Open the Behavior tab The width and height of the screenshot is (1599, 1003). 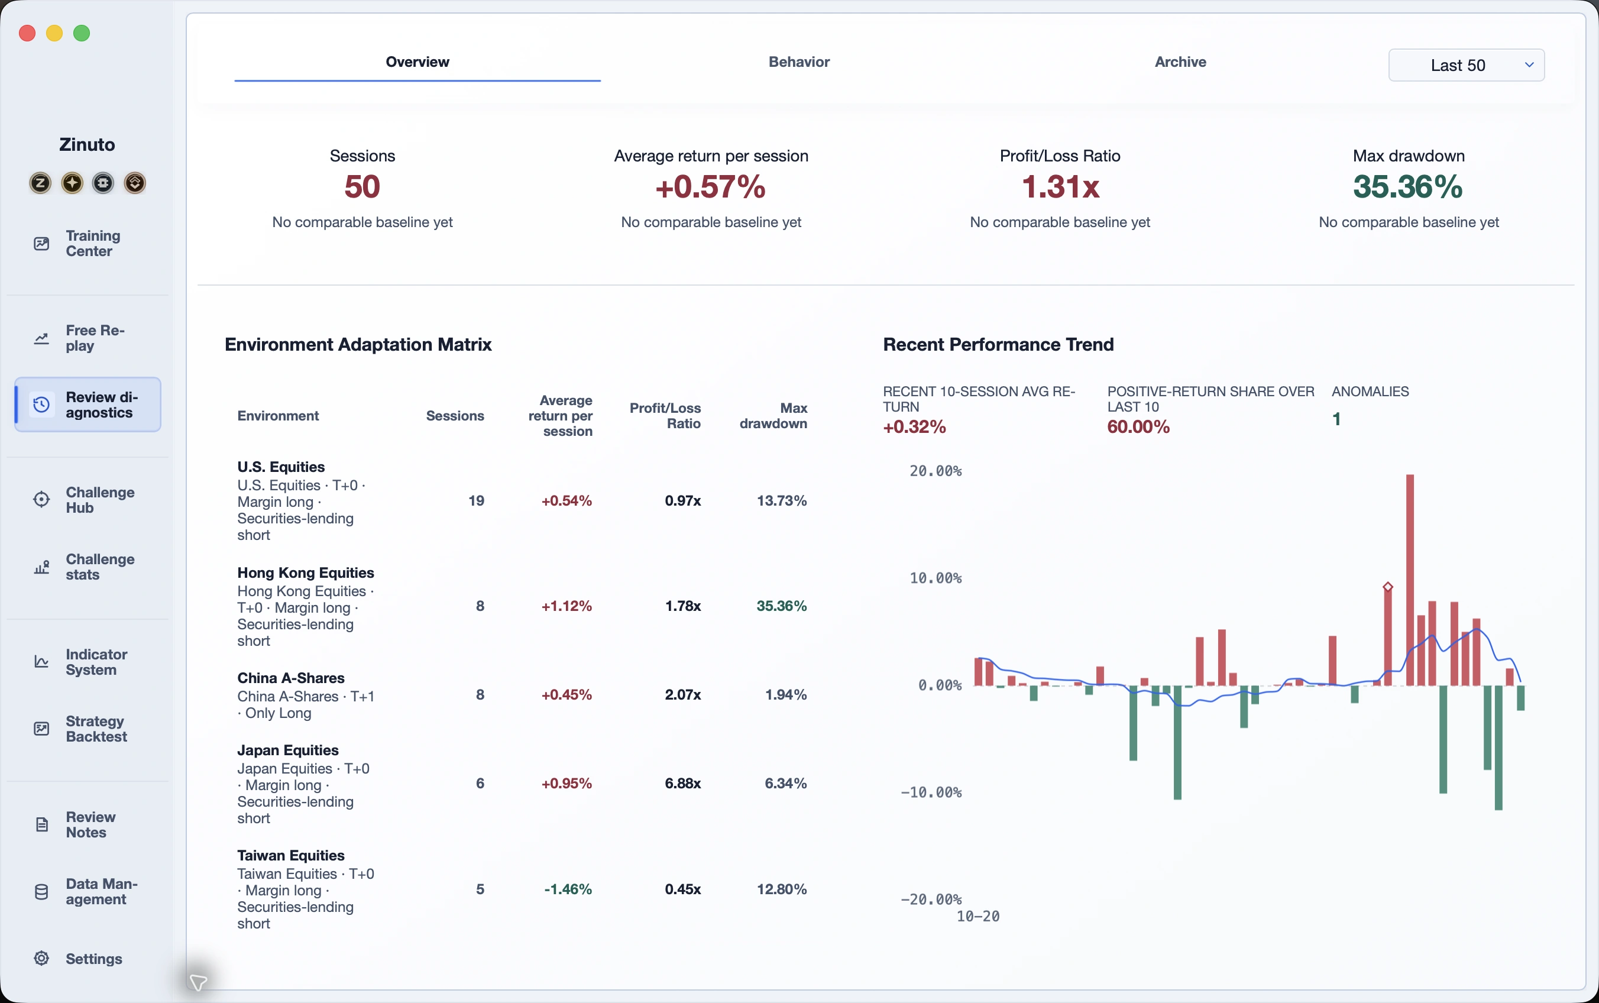(x=798, y=62)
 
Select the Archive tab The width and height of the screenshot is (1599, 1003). (x=1180, y=62)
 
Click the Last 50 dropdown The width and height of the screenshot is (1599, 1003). (x=1466, y=65)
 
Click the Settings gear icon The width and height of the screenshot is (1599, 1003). (x=41, y=958)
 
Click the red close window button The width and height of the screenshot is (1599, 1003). (x=27, y=33)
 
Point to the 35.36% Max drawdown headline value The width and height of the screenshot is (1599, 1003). (x=1408, y=186)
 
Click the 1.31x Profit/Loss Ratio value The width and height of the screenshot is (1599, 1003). (x=1060, y=186)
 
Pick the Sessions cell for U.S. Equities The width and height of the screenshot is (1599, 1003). (x=476, y=501)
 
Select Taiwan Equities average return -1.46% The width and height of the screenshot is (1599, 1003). (x=568, y=889)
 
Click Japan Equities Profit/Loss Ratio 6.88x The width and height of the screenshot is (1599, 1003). (x=682, y=784)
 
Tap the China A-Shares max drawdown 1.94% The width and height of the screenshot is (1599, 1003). (x=786, y=694)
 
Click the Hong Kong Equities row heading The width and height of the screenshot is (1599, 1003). (x=306, y=572)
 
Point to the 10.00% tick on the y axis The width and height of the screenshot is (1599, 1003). (x=935, y=578)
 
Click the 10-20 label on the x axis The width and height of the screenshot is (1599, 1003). (x=978, y=916)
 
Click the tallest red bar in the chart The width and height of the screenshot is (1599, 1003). (x=1410, y=580)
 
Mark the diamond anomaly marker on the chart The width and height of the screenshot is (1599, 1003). (x=1388, y=587)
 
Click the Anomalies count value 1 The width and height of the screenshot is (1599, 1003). (x=1336, y=419)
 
